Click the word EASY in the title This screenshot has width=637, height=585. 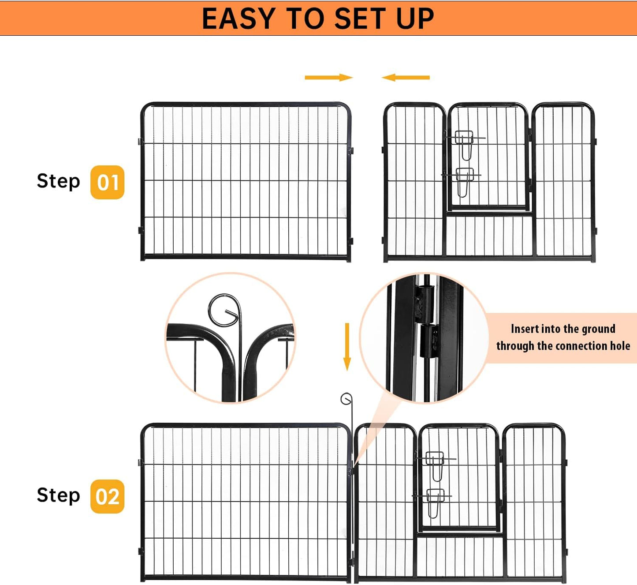coord(238,19)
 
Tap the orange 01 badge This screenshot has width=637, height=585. coord(107,182)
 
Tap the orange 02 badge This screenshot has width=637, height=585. coord(107,496)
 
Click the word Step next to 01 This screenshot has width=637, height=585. coord(58,181)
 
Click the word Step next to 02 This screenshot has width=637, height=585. coord(58,495)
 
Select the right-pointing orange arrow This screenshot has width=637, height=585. coord(328,78)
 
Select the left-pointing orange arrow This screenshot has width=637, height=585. coord(406,78)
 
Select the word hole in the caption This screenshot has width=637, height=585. coord(620,346)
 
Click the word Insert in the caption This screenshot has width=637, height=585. coord(525,329)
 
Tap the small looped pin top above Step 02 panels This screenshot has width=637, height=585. coord(346,399)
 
